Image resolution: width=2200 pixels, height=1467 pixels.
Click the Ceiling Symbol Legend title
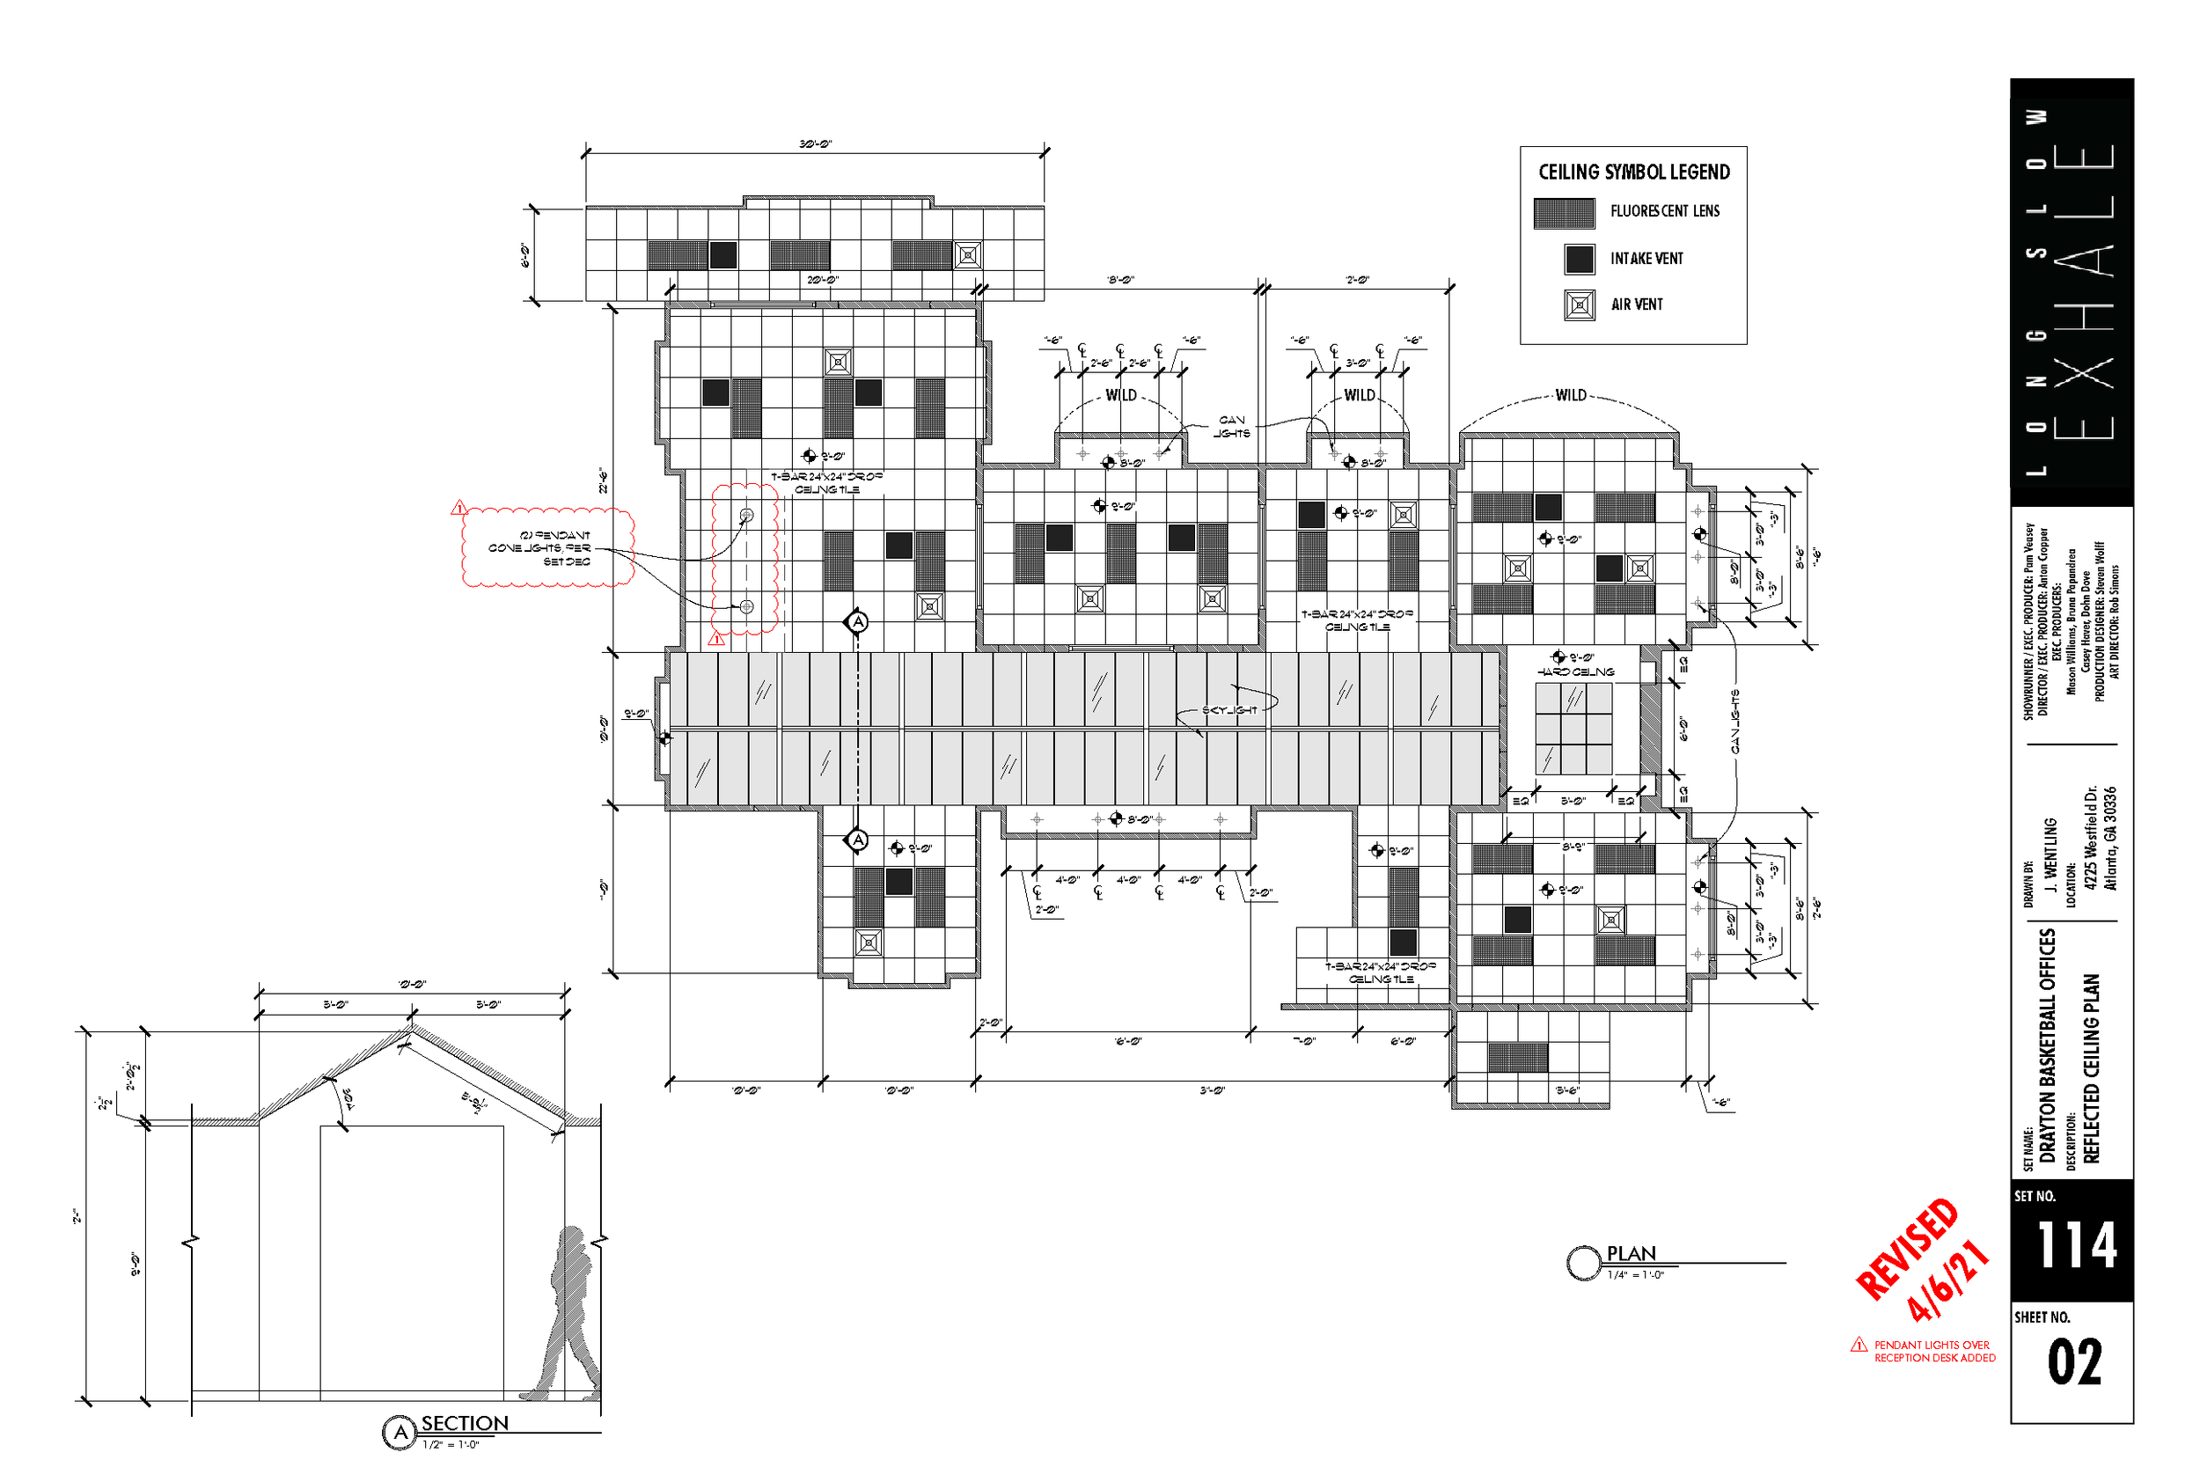[x=1633, y=172]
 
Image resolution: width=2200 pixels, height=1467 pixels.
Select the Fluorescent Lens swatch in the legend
[x=1564, y=213]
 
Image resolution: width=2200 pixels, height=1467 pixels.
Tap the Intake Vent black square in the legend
[x=1579, y=259]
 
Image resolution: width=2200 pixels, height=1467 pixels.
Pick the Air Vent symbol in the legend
[x=1579, y=305]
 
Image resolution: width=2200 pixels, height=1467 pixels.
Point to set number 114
[x=2076, y=1244]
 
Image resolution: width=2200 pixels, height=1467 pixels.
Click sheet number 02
[x=2074, y=1362]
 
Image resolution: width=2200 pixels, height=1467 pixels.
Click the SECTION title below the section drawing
[x=464, y=1423]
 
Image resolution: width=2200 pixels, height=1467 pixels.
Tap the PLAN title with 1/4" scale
[x=1631, y=1254]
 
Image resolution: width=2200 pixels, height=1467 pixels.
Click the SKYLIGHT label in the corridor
[x=1229, y=711]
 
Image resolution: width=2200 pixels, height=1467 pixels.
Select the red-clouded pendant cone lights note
[x=548, y=548]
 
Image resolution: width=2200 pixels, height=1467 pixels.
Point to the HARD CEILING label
[x=1575, y=671]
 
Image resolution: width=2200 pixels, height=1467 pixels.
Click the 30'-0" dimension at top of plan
[x=815, y=144]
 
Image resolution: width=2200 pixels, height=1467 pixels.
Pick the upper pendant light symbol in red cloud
[x=746, y=516]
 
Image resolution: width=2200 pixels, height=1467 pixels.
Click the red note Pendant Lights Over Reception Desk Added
[x=1933, y=1351]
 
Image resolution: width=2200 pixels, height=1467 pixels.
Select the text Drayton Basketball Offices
[x=2048, y=1045]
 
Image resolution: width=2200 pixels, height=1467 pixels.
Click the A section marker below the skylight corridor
[x=858, y=840]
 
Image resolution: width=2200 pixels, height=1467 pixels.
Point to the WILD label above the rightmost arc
[x=1571, y=396]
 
